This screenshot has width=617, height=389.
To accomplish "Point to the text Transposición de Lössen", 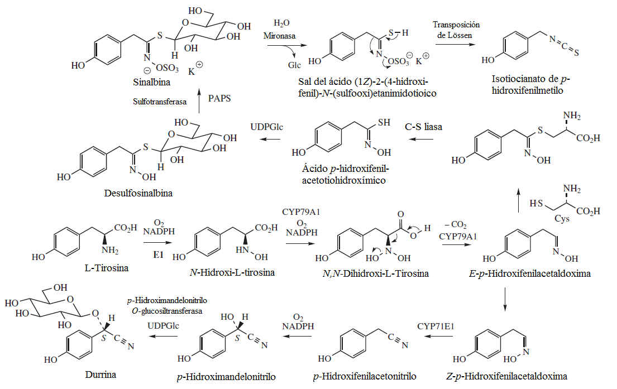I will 456,30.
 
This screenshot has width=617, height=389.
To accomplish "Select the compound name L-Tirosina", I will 104,268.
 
